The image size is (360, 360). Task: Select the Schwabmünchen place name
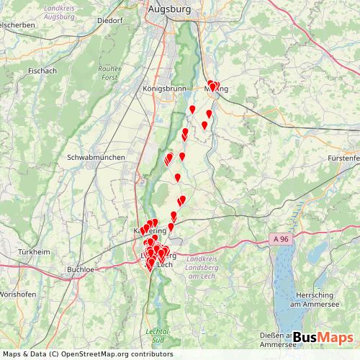click(x=96, y=157)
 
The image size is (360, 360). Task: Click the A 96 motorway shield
click(x=284, y=237)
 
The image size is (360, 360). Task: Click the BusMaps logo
click(x=323, y=338)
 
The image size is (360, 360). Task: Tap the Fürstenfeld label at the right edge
click(x=343, y=157)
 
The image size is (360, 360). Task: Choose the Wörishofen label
click(x=18, y=296)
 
